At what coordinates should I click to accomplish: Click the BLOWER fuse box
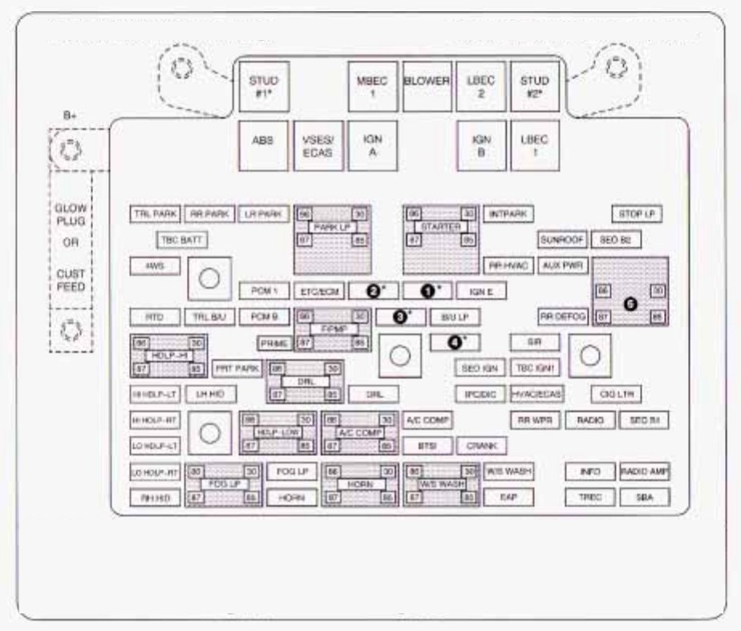427,87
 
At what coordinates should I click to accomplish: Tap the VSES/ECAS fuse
318,145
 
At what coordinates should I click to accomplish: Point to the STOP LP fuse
637,215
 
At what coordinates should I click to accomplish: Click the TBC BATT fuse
183,240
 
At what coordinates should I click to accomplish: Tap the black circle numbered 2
373,290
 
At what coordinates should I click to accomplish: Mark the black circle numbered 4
454,342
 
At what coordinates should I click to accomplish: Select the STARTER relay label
440,228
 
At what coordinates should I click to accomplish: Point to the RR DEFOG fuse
561,316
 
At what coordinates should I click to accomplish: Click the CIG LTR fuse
616,394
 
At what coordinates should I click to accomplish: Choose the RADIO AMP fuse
644,471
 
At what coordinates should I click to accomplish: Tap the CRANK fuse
481,446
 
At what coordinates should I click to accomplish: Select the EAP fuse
508,497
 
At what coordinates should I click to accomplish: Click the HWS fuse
155,266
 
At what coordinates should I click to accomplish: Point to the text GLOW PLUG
70,213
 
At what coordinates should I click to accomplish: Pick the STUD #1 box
263,87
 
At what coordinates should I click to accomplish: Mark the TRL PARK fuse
155,214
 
